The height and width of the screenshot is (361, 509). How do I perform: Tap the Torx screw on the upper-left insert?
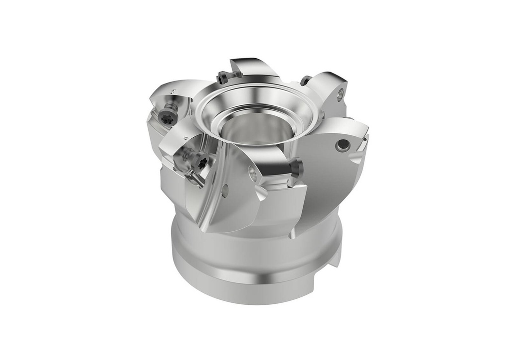pos(167,118)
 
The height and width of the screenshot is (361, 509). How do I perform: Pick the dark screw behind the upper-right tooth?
pos(306,81)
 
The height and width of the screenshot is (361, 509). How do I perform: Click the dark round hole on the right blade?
pos(342,145)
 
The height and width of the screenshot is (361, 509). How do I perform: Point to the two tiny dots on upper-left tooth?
pos(172,90)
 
